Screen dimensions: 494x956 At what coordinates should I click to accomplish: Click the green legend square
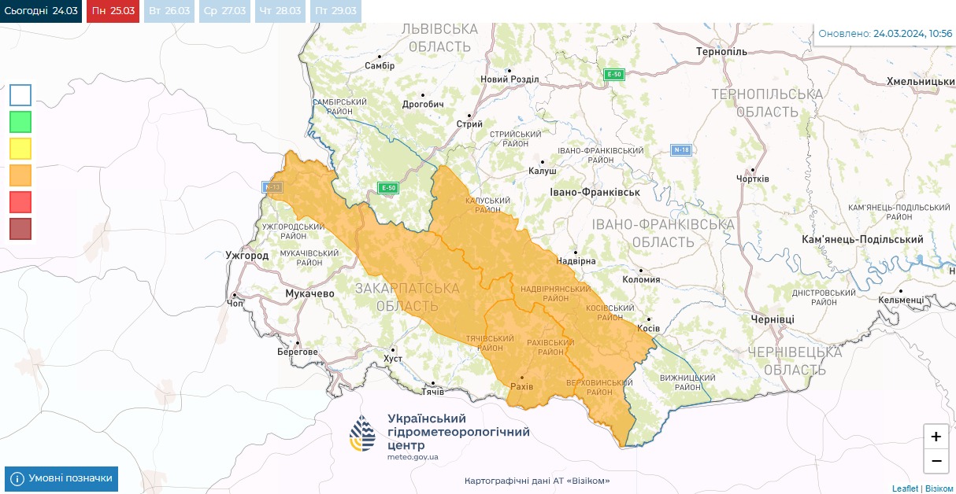pos(20,122)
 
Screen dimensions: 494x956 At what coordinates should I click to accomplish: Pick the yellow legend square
pos(20,149)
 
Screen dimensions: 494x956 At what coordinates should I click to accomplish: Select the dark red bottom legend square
pos(20,229)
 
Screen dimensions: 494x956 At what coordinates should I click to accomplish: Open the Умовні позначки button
pos(61,478)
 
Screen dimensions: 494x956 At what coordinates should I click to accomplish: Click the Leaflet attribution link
pos(905,488)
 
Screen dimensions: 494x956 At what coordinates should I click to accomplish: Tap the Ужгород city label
pos(246,256)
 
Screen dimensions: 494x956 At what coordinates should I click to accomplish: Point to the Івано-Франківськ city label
pos(595,192)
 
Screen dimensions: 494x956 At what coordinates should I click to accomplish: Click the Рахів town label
pos(521,387)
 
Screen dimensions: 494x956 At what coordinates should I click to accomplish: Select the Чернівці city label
pos(773,319)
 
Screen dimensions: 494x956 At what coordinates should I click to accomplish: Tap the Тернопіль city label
pos(721,51)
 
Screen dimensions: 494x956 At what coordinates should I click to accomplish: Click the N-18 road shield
pos(681,149)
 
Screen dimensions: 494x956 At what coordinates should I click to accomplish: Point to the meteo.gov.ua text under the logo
pos(413,457)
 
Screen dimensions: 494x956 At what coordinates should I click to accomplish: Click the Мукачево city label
pos(309,293)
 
